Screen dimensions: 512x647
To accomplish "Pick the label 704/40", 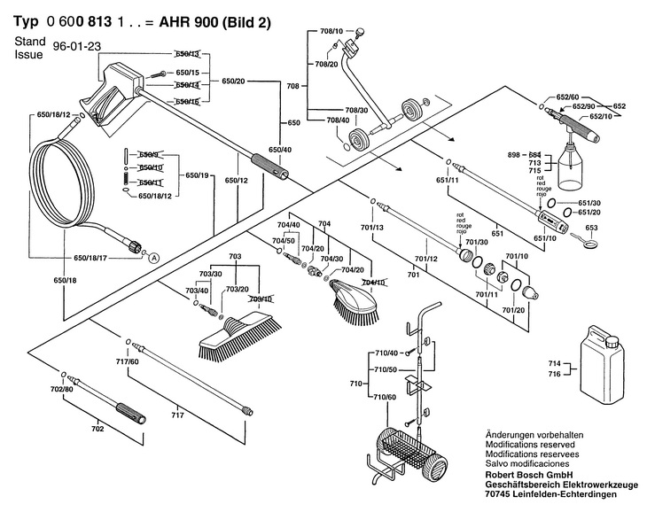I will tap(290, 225).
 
